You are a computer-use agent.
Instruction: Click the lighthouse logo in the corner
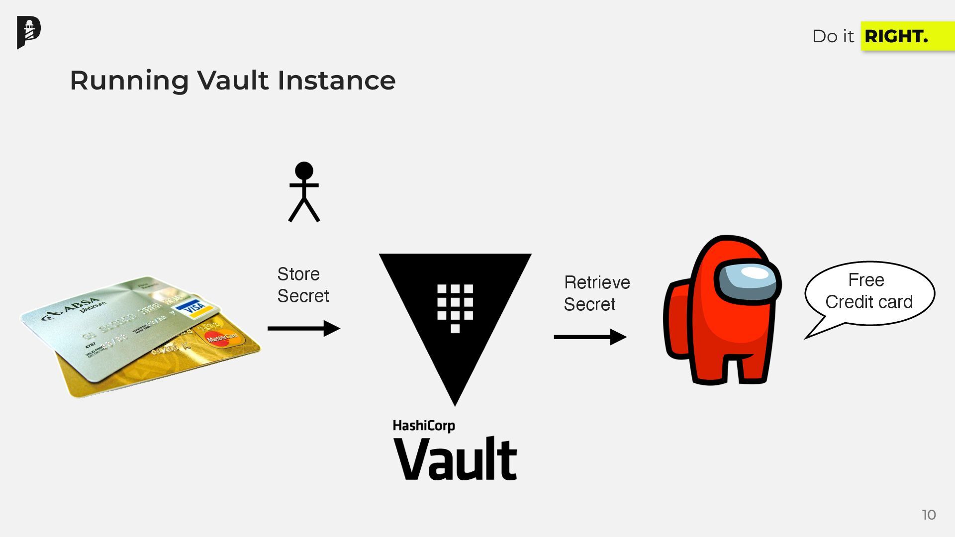[x=29, y=32]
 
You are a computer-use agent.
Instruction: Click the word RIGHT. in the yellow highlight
[x=896, y=36]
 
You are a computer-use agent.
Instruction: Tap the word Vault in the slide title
[x=233, y=80]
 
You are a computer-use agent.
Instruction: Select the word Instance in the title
[x=336, y=80]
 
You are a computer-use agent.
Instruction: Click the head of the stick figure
[x=304, y=171]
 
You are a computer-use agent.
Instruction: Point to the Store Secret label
[x=302, y=285]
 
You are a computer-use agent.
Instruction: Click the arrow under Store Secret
[x=303, y=328]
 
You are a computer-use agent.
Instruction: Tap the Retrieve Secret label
[x=596, y=293]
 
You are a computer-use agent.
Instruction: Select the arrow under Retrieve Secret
[x=590, y=337]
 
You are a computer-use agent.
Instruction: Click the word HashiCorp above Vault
[x=424, y=426]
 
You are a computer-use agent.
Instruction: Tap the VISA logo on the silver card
[x=195, y=307]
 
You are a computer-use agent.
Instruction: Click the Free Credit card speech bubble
[x=868, y=292]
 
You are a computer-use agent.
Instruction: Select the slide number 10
[x=929, y=515]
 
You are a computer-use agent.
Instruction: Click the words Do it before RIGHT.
[x=833, y=36]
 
